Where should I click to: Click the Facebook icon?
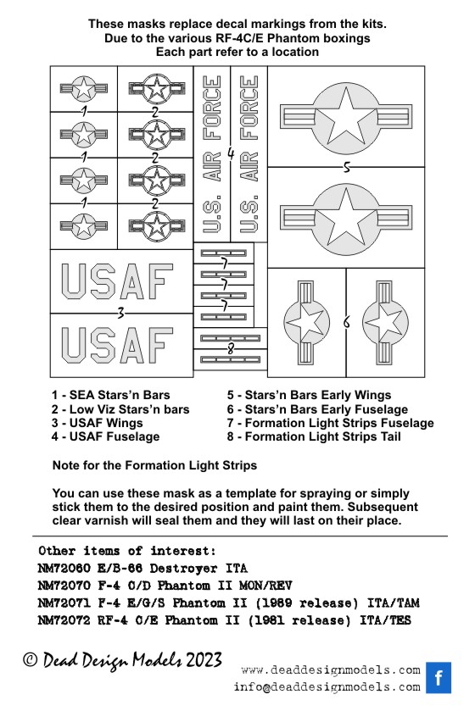439,677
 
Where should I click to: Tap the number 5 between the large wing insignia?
347,167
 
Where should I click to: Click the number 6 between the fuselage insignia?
347,322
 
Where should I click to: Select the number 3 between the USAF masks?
120,313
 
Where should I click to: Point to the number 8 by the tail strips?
231,349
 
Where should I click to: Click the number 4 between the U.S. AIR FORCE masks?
231,153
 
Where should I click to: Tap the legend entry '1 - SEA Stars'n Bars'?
111,395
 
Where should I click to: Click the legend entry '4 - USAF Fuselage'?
106,436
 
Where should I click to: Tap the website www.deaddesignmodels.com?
331,669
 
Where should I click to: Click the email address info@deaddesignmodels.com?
327,687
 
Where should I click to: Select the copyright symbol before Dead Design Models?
30,660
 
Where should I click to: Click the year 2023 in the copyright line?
204,660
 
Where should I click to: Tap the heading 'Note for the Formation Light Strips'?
154,465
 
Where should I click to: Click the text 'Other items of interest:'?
127,551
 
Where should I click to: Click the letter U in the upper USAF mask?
72,281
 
